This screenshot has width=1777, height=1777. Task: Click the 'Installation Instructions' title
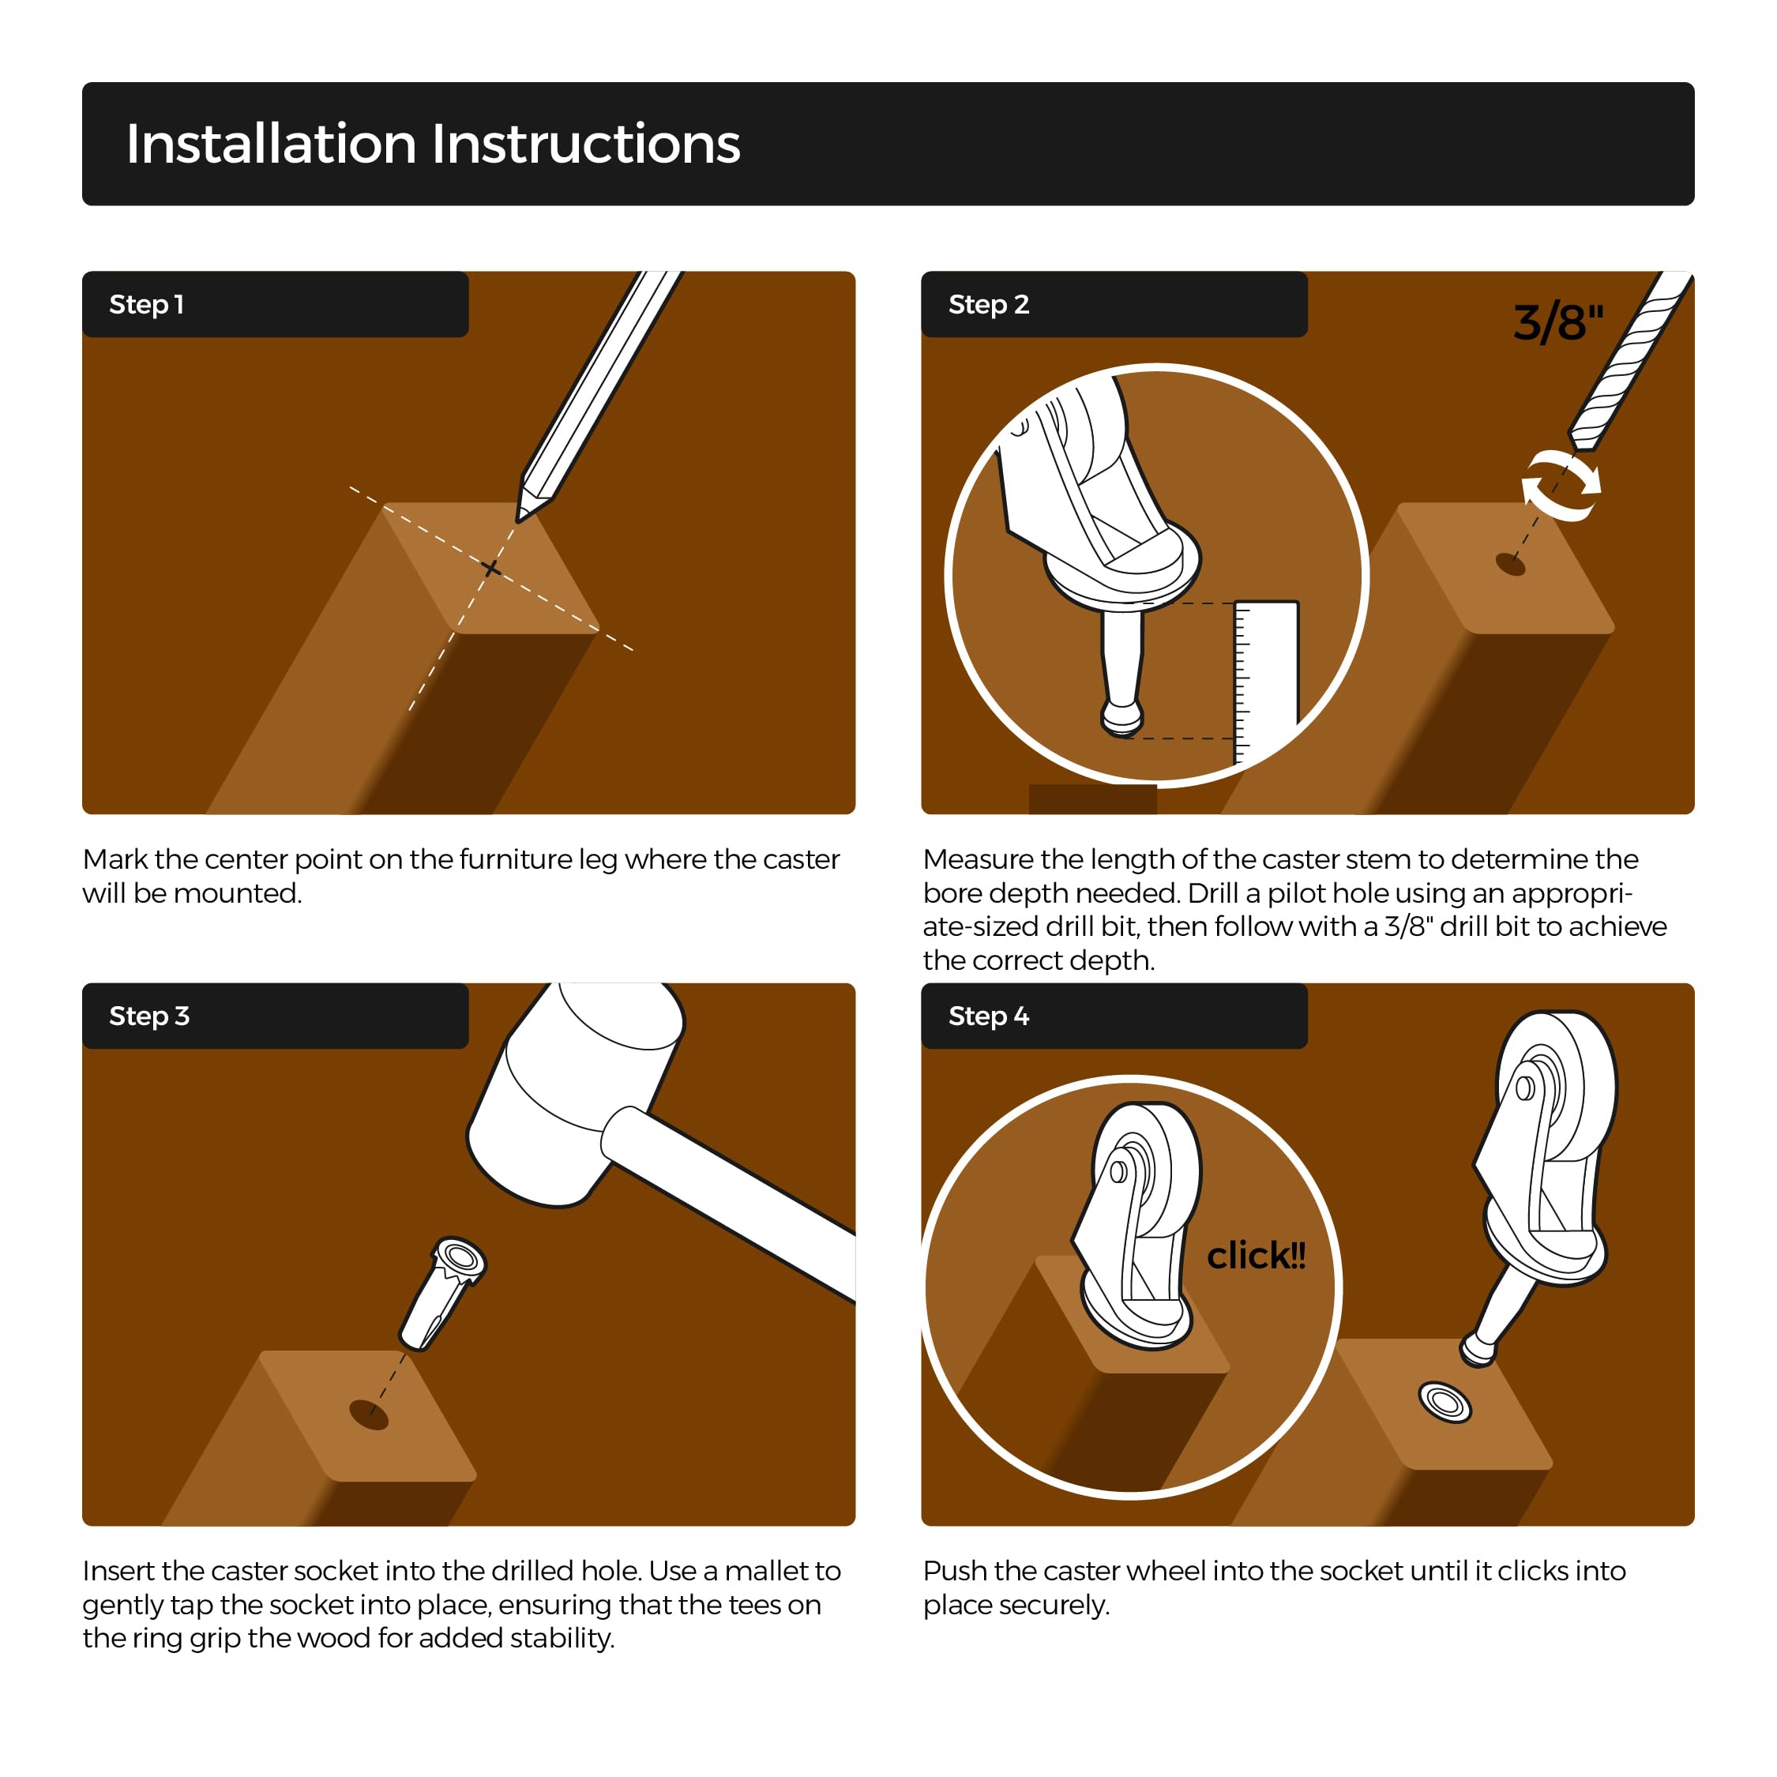tap(432, 145)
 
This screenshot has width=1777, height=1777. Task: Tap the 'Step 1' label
tap(146, 304)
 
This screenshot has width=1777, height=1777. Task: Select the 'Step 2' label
tap(988, 304)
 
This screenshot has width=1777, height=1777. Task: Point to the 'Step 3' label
tap(149, 1016)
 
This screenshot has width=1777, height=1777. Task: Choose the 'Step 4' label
tap(988, 1016)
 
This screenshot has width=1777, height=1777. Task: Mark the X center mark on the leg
tap(492, 569)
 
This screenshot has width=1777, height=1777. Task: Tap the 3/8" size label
tap(1558, 322)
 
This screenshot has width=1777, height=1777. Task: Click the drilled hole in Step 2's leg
tap(1510, 564)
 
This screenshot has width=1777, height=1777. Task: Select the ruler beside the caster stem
tap(1265, 681)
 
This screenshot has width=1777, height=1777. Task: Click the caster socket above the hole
tap(442, 1292)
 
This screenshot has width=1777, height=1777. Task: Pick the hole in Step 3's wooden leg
tap(370, 1414)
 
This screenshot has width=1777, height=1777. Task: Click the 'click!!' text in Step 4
tap(1256, 1256)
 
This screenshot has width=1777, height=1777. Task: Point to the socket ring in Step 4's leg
tap(1445, 1402)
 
